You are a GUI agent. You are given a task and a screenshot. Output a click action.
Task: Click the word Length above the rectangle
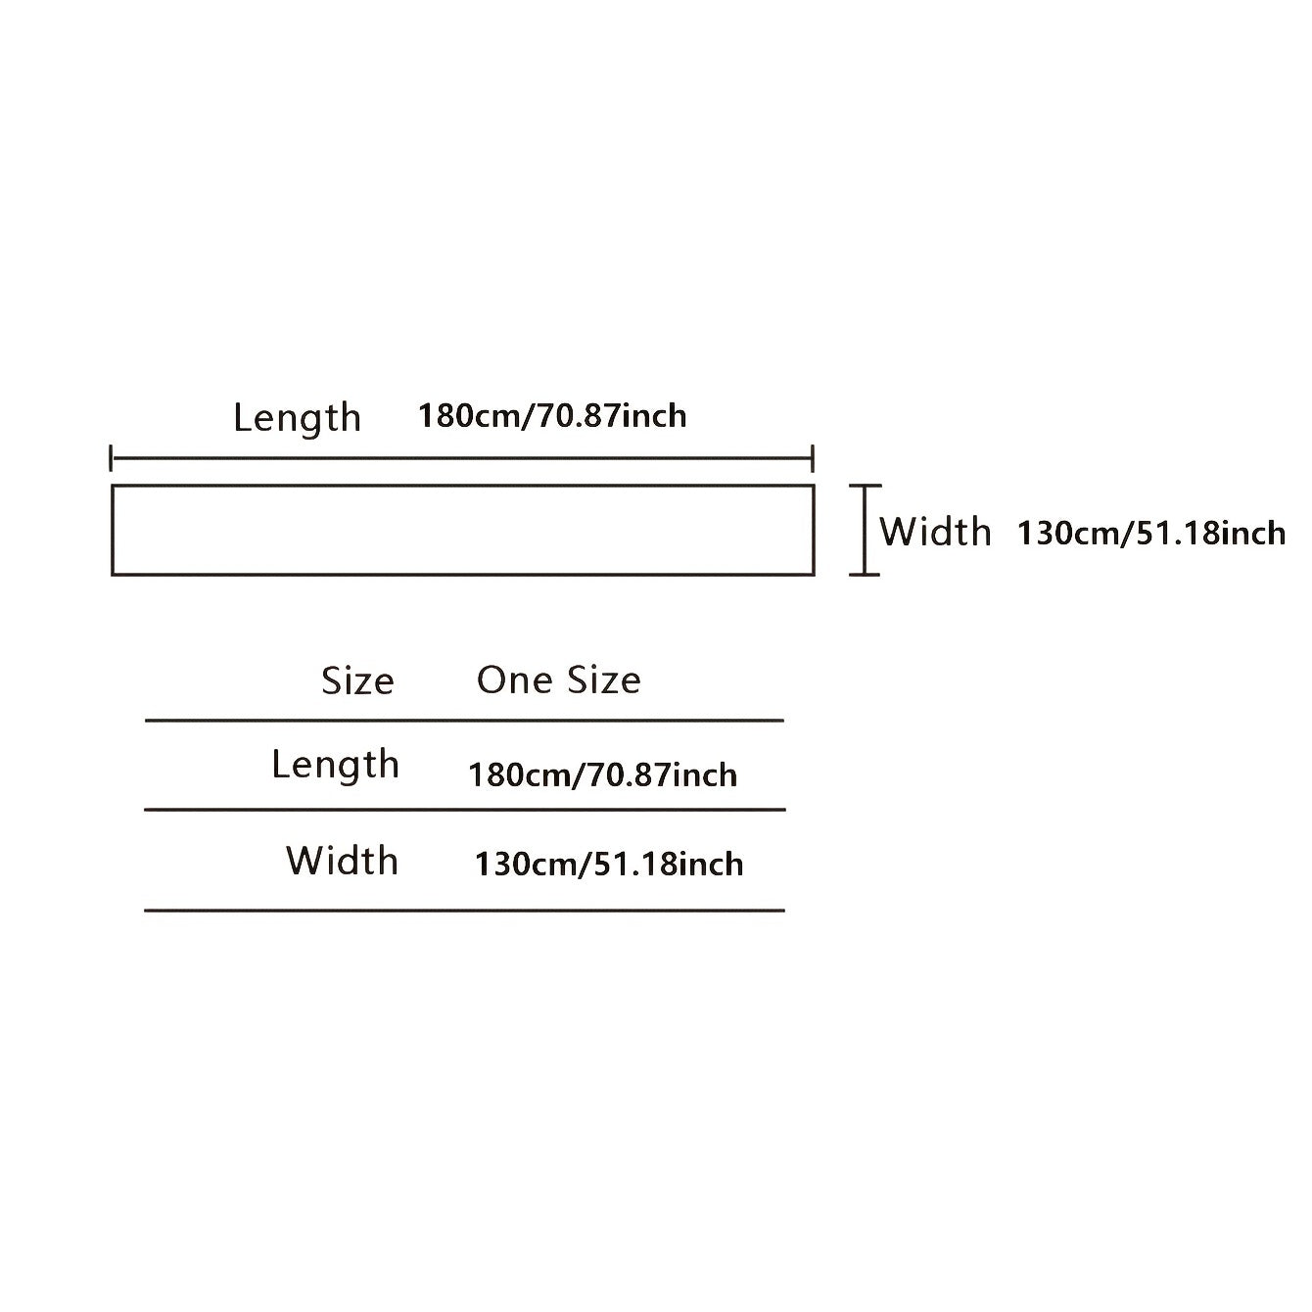[x=297, y=418]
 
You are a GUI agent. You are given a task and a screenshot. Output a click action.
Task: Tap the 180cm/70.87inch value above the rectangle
[x=552, y=416]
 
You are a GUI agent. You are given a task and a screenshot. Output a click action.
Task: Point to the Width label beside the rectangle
[x=935, y=532]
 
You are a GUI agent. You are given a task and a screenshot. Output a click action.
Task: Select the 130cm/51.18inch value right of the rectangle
[x=1151, y=533]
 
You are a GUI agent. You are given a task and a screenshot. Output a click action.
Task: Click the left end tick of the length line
[x=111, y=458]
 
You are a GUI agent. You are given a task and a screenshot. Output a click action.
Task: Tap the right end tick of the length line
[x=813, y=458]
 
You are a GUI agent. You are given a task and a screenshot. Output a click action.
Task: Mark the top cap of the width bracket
[x=865, y=486]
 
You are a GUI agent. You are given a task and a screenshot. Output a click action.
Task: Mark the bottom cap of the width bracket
[x=865, y=575]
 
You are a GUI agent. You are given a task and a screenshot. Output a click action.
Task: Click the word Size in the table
[x=357, y=680]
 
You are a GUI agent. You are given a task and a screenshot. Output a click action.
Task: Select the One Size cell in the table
[x=559, y=680]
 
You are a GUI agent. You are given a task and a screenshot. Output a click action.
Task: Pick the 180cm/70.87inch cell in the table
[x=602, y=775]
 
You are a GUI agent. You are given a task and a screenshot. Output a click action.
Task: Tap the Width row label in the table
[x=342, y=861]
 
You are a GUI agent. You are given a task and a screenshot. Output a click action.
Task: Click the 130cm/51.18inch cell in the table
[x=609, y=865]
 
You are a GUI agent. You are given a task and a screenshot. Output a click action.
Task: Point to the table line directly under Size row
[x=464, y=720]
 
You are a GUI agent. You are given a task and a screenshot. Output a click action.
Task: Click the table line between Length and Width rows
[x=465, y=811]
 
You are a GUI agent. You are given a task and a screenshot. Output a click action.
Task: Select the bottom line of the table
[x=464, y=911]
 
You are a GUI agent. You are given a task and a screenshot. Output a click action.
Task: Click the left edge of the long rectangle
[x=113, y=531]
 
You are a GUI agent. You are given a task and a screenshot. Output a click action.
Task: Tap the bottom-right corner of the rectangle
[x=814, y=575]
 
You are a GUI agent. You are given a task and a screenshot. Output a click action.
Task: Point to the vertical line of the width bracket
[x=865, y=531]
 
